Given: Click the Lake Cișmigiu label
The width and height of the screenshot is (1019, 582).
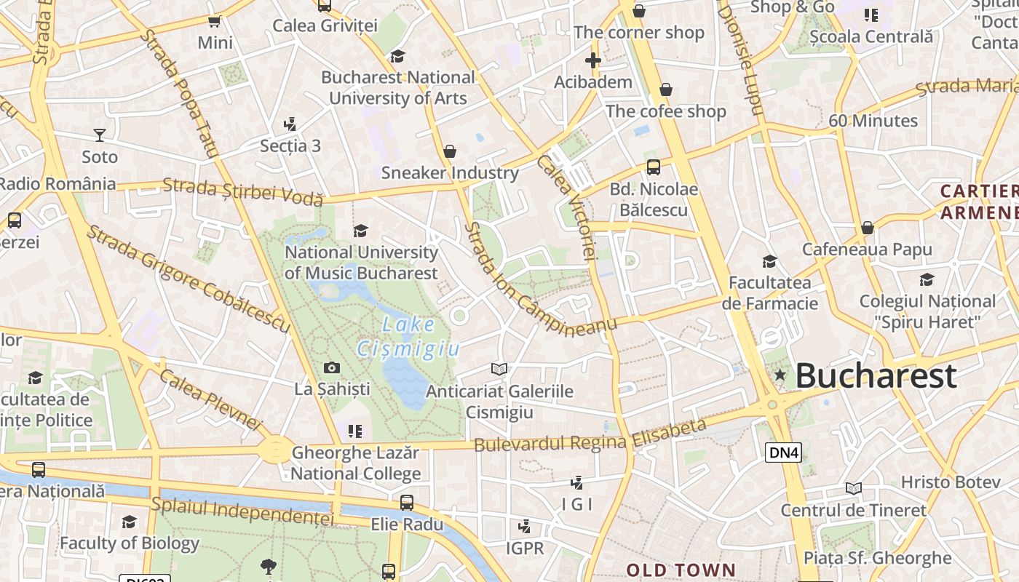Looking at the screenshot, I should coord(408,337).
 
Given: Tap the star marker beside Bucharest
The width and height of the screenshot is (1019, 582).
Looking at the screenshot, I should coord(780,375).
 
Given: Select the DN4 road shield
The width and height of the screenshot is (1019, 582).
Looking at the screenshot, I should coord(783,453).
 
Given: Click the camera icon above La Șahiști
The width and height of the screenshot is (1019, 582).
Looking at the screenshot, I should coord(332,368).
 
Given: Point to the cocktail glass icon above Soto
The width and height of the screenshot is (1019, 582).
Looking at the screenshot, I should coord(100,135).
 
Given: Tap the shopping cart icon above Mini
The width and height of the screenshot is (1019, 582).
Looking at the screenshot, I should coord(215,22).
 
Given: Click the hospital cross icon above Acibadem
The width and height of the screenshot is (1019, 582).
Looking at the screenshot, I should coord(593,60).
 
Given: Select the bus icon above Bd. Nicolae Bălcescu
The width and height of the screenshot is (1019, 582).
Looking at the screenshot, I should coord(654,167).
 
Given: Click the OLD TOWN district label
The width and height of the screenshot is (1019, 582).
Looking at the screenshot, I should coord(681,570).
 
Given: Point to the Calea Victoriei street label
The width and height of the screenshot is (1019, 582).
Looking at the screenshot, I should coord(568,207).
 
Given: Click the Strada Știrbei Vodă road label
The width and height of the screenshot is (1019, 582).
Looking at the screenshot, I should coord(242,192).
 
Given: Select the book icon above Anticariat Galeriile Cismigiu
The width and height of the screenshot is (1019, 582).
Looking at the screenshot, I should coord(499,370).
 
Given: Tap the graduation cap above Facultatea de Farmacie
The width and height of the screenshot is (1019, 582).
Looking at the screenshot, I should coord(769,261).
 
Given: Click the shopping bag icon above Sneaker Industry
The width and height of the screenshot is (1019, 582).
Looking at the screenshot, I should coord(450,151).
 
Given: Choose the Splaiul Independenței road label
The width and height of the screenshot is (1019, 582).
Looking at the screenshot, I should coord(242,510).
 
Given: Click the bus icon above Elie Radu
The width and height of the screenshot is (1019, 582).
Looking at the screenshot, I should coord(407,503).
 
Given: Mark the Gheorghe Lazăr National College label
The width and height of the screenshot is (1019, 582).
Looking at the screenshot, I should coord(356,463).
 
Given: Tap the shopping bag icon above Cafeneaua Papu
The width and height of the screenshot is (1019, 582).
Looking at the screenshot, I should coord(867,228).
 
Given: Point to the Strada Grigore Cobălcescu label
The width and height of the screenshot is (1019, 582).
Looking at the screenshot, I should coord(189,279).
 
